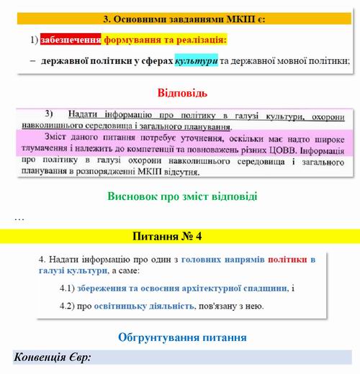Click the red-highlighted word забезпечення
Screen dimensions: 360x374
[x=71, y=40]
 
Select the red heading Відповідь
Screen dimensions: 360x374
[x=181, y=93]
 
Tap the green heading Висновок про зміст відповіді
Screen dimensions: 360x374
[x=182, y=196]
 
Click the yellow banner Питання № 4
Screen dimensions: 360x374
[x=180, y=235]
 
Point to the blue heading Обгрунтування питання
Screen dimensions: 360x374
[x=182, y=336]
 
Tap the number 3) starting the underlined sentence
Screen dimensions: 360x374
[x=50, y=114]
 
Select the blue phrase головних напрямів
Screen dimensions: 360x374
[x=222, y=258]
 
